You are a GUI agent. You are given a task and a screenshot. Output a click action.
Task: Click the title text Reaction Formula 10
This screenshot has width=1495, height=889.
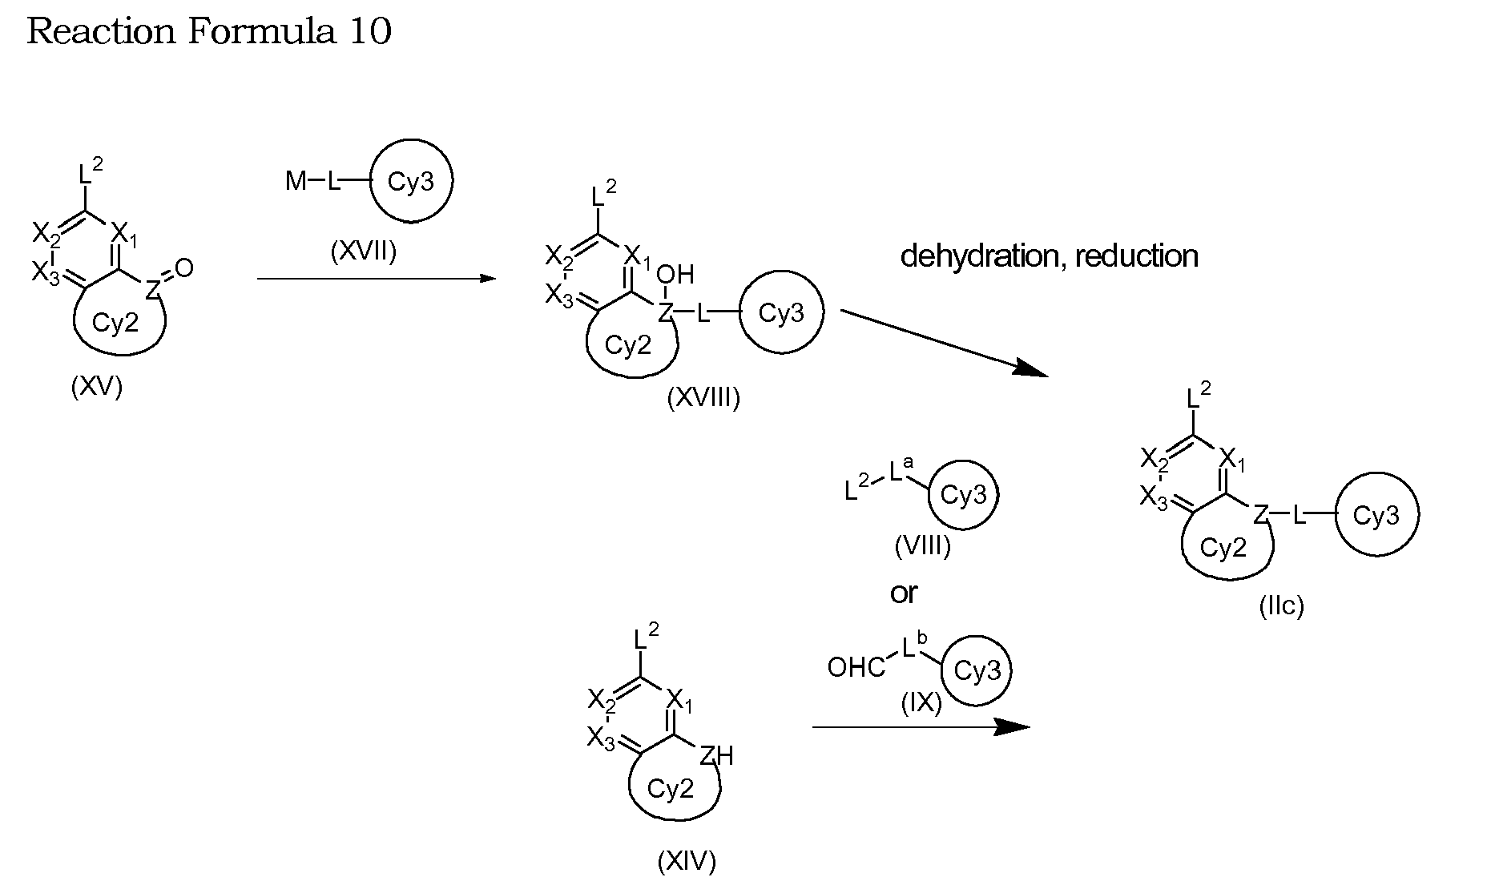(x=210, y=31)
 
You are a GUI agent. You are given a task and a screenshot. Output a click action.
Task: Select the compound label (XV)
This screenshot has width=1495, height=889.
(x=97, y=388)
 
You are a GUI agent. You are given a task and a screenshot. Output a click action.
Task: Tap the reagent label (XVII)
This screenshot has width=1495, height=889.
(x=363, y=252)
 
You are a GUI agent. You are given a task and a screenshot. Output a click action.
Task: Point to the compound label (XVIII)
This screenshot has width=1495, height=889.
(x=703, y=397)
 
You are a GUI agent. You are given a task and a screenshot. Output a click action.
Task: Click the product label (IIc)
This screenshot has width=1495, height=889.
(x=1282, y=606)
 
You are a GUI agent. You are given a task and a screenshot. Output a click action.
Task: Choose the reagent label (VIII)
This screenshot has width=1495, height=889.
(x=922, y=546)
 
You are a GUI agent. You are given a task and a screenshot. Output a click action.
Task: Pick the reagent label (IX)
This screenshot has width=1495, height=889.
(x=921, y=702)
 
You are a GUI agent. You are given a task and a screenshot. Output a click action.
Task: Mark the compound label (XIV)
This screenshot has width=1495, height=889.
(x=687, y=862)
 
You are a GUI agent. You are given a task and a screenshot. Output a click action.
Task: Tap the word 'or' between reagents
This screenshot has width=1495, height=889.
(x=904, y=593)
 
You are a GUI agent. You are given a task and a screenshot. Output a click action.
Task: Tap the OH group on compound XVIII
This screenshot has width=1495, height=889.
(x=675, y=276)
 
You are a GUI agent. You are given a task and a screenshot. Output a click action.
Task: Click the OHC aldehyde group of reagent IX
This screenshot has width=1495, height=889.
(x=856, y=666)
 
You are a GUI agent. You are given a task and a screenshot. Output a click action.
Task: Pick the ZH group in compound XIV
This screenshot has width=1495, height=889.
(x=716, y=755)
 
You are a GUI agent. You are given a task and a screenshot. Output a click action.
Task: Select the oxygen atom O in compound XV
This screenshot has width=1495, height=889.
(x=184, y=268)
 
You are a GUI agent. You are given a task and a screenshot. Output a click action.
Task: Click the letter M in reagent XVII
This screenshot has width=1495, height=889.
(x=296, y=182)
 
